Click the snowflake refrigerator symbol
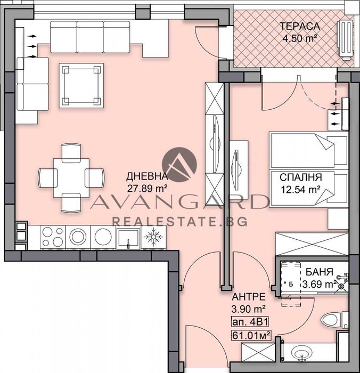click(154, 236)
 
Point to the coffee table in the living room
click(81, 85)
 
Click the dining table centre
click(71, 176)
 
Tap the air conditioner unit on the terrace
click(346, 38)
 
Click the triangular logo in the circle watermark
click(179, 165)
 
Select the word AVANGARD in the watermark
click(179, 203)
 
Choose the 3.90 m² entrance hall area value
click(249, 308)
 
